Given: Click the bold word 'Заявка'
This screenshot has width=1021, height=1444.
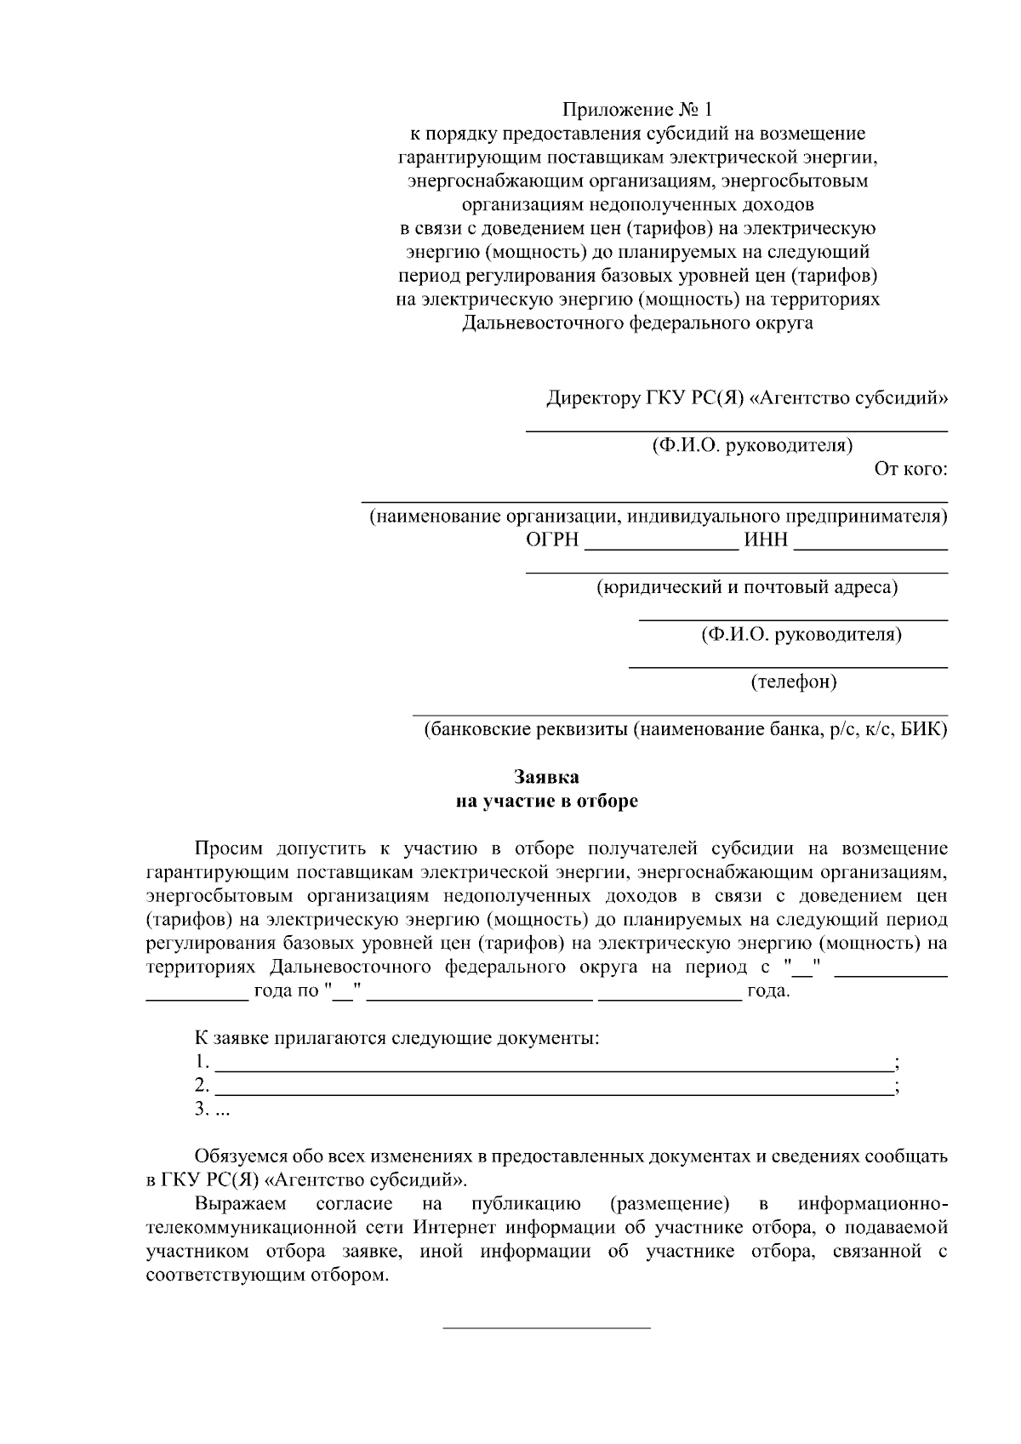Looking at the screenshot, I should [x=546, y=777].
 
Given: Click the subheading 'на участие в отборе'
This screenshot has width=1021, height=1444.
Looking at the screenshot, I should [x=546, y=801].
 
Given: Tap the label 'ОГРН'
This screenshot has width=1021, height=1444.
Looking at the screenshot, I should [x=552, y=540].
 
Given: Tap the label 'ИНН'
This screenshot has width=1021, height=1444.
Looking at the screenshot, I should [x=766, y=540].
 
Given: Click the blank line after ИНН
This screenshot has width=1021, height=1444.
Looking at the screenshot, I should [x=870, y=549].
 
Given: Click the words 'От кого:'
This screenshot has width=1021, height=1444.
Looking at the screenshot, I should [x=910, y=469].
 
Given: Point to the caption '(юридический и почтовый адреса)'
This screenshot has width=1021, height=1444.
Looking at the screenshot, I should [x=747, y=587].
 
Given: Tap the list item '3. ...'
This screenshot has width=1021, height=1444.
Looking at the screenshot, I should [x=212, y=1109].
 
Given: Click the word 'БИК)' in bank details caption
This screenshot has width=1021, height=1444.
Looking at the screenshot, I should [x=923, y=730].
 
